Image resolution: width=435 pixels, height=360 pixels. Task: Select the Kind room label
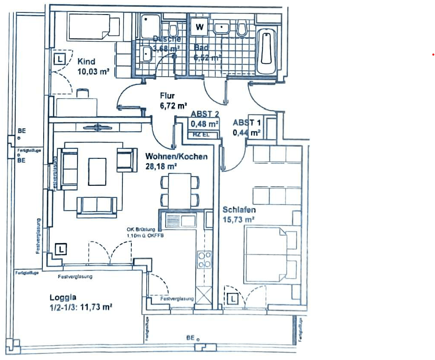point(86,62)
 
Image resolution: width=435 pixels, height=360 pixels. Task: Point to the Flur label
point(167,95)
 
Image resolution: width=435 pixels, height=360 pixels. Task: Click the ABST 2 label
point(205,114)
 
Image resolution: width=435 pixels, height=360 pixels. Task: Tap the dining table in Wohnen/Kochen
point(180,191)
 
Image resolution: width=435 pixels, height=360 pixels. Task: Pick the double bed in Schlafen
point(270,253)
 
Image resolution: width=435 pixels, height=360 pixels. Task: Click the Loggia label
point(63,298)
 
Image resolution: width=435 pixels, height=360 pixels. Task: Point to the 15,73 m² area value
point(238,220)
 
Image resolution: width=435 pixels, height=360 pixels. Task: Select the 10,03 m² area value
point(92,71)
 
